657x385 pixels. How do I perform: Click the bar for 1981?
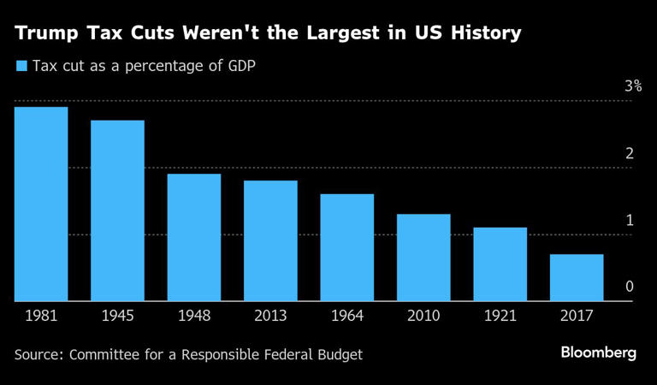[41, 204]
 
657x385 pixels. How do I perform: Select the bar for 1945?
[117, 210]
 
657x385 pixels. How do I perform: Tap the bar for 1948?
[194, 237]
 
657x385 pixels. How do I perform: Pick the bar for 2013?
[270, 240]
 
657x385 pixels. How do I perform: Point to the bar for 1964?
[346, 247]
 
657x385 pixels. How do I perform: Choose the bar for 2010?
[423, 258]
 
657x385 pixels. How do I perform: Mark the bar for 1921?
[500, 264]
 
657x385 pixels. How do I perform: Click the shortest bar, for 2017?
[576, 277]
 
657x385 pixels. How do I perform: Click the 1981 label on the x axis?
[41, 317]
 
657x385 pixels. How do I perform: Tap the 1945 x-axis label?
[117, 317]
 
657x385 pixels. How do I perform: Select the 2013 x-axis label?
[270, 317]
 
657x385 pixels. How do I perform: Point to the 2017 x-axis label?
[576, 317]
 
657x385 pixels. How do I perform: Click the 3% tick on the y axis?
[633, 86]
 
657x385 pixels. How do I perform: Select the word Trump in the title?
[43, 34]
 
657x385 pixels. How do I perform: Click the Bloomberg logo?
[599, 353]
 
